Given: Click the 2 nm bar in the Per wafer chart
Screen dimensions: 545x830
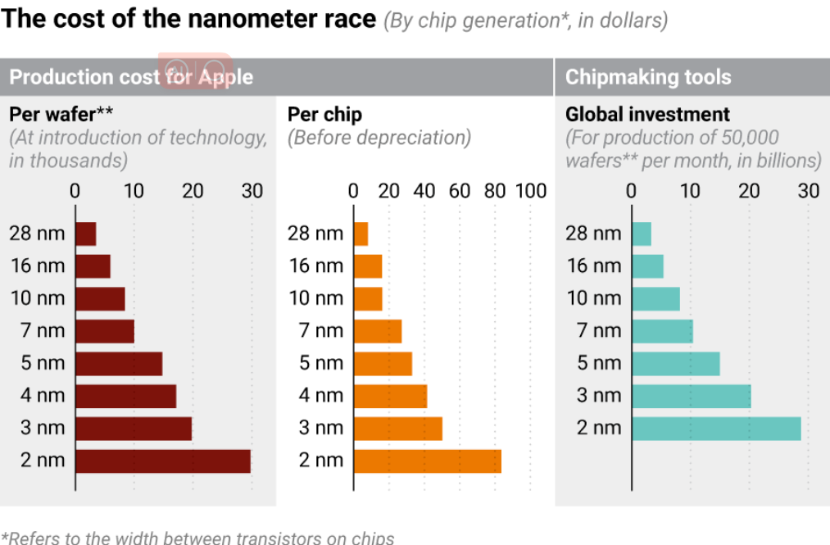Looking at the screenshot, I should tap(162, 461).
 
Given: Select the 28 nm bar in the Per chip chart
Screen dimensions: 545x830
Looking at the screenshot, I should tap(361, 234).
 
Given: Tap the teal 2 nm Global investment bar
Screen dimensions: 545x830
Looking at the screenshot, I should tap(716, 428).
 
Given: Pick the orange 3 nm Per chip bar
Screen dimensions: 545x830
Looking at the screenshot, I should tap(397, 428).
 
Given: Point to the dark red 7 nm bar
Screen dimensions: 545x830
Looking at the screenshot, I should tap(104, 331).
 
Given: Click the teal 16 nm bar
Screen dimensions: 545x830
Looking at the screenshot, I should tap(647, 266).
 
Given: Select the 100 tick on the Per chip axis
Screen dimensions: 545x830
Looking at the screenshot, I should tap(531, 191).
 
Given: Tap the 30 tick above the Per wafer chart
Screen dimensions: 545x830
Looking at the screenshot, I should tap(252, 191).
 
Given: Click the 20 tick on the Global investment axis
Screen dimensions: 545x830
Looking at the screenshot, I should tap(750, 191).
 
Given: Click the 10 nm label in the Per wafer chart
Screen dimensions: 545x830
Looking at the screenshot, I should tap(37, 298).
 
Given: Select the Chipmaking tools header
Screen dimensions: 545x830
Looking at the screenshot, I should tap(648, 78).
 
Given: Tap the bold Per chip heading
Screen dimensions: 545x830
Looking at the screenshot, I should tap(324, 115).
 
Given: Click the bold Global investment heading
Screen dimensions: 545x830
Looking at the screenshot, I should tap(647, 115).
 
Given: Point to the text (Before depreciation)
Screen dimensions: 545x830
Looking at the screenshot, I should tap(379, 137).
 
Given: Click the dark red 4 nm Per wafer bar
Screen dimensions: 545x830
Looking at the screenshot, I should tap(125, 396).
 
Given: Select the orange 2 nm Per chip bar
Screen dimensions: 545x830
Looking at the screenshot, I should tap(427, 461).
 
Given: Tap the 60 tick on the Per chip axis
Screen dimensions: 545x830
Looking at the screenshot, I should tap(460, 191).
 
